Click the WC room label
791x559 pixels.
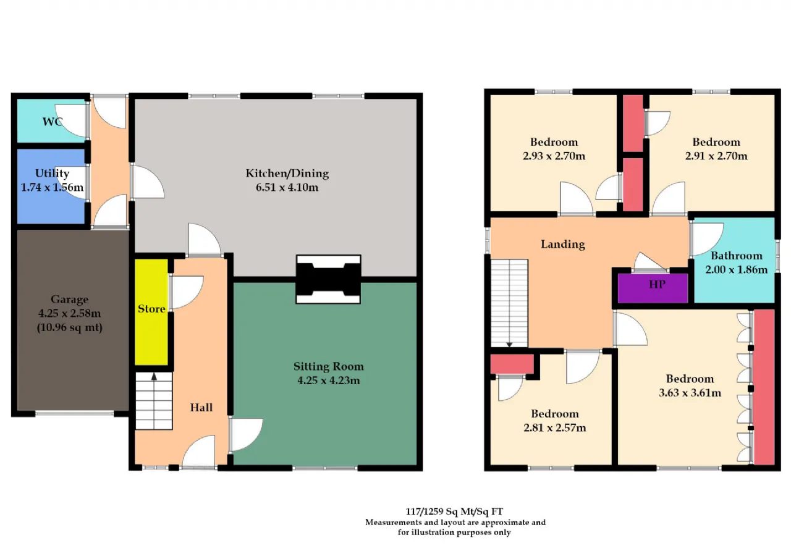point(53,122)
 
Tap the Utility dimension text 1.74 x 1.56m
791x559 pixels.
point(53,187)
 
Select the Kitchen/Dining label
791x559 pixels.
point(287,174)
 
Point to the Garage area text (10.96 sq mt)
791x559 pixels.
point(70,327)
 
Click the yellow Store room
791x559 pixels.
point(151,312)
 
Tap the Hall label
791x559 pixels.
point(201,408)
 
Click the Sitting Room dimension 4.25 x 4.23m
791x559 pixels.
point(328,380)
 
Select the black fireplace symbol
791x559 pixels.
point(328,279)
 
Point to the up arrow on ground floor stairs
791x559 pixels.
point(154,377)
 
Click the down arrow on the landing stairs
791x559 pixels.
point(509,344)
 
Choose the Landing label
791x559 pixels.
point(563,244)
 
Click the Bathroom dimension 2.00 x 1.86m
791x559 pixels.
point(736,270)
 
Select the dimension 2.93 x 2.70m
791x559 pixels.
point(554,156)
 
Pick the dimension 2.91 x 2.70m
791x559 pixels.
point(716,156)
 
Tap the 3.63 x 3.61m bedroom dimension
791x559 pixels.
point(690,393)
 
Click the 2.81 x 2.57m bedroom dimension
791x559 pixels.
point(555,427)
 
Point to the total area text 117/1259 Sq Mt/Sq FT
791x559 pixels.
point(454,511)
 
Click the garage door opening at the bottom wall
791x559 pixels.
point(75,413)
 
